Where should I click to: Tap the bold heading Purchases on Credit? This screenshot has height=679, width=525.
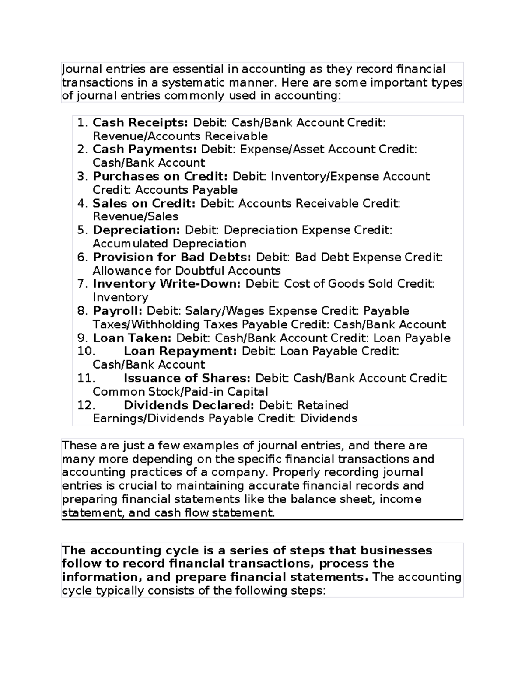click(160, 177)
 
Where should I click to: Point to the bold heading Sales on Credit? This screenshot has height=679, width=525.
click(144, 204)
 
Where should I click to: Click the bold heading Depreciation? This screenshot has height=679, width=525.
click(136, 230)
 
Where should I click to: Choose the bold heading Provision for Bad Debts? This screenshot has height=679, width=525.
click(172, 257)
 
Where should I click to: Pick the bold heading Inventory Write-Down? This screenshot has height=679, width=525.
click(167, 284)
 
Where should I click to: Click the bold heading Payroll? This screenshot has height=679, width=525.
click(118, 311)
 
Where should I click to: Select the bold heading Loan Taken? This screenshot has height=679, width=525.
click(132, 338)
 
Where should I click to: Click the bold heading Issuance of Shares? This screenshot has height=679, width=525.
click(187, 378)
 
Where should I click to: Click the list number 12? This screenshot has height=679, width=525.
click(86, 405)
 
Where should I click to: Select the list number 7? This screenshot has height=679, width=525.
click(83, 284)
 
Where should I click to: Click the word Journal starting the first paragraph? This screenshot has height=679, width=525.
click(82, 70)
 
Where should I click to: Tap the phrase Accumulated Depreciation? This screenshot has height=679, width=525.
click(169, 244)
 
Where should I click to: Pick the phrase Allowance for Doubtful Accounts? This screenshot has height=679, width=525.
click(186, 271)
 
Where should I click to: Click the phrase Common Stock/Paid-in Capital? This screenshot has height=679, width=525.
click(180, 392)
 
